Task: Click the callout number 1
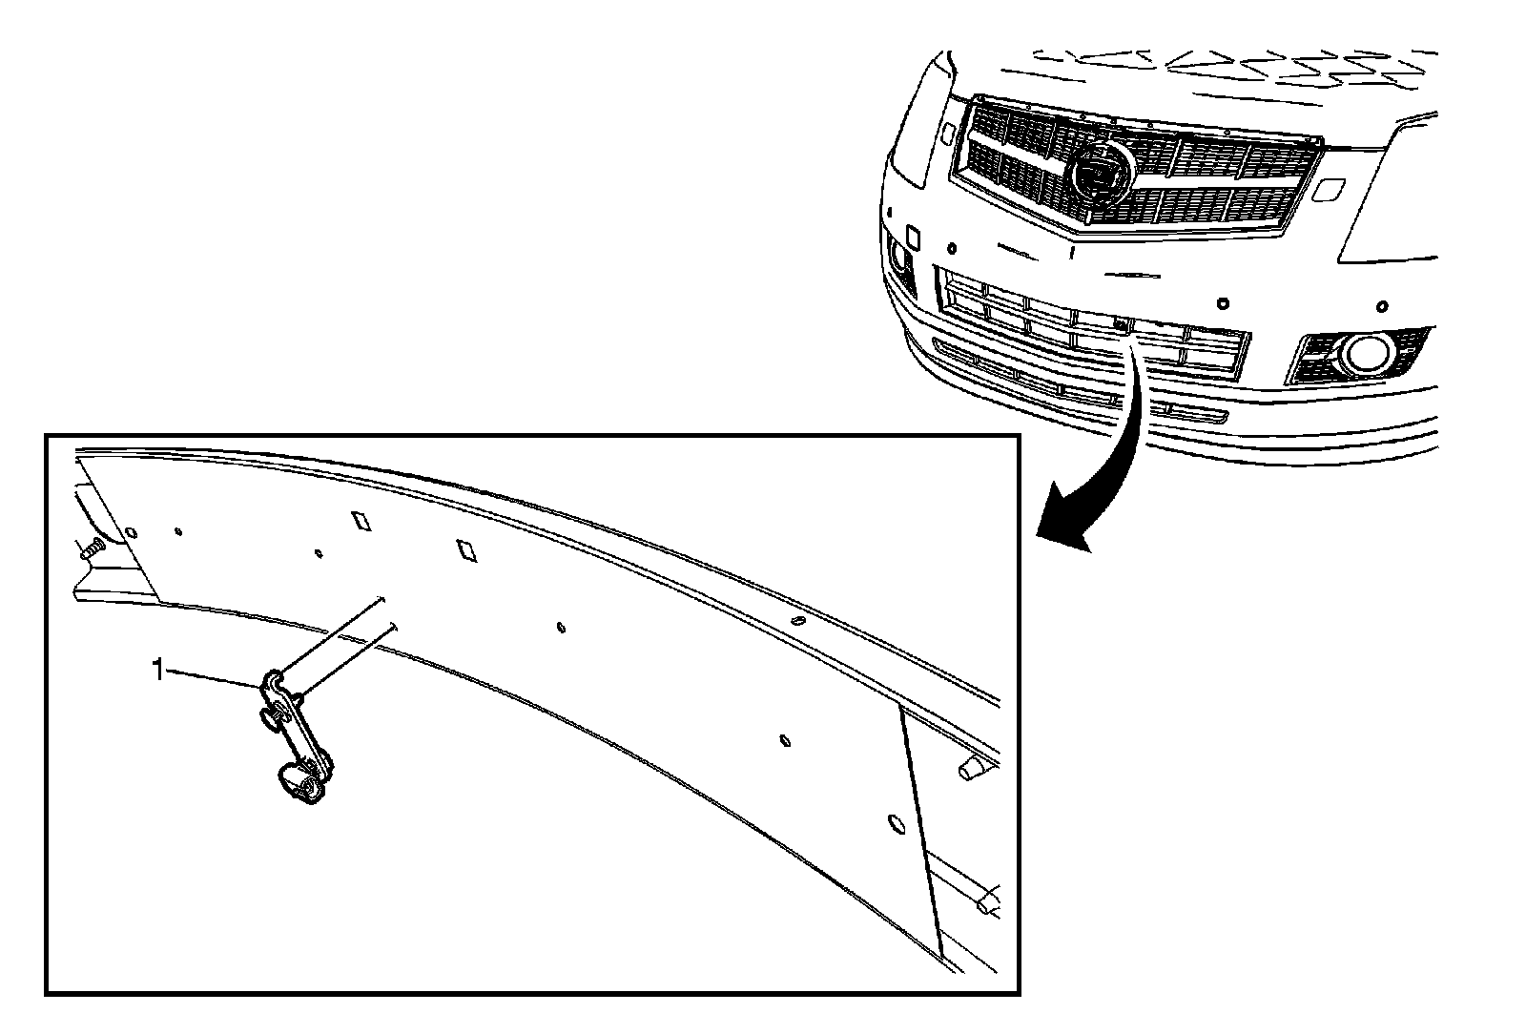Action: [158, 671]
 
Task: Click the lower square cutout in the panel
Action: [467, 550]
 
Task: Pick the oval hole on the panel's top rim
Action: [797, 622]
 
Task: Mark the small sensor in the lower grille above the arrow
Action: [1120, 324]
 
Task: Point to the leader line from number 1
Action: [215, 676]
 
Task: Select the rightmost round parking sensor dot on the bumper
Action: [1380, 307]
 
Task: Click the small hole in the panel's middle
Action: [561, 627]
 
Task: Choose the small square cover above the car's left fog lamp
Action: [911, 233]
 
